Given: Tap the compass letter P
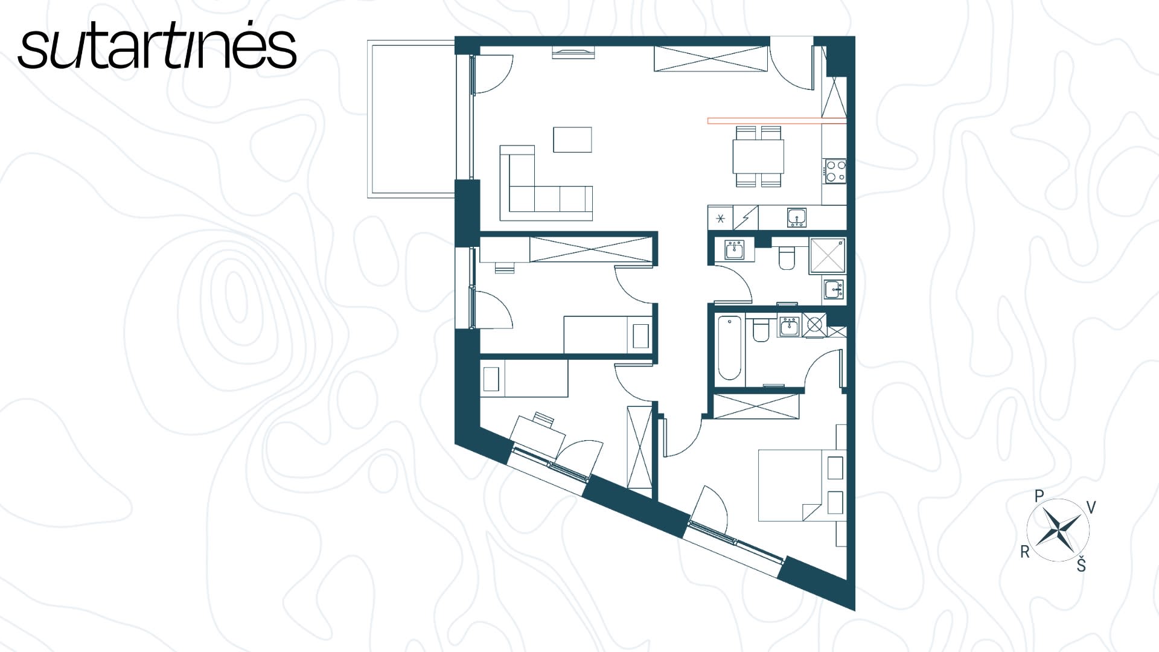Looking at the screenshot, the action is point(1039,496).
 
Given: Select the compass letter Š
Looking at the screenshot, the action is point(1081,564).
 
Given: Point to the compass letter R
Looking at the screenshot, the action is point(1024,551).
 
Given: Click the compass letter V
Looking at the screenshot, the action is point(1091,507).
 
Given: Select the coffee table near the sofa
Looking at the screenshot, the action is point(573,139).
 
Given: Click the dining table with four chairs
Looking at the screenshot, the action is point(758,156).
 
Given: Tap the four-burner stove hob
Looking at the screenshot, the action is point(835,170).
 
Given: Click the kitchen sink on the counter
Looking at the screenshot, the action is point(797,218).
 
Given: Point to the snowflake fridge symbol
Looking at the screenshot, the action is point(720,219).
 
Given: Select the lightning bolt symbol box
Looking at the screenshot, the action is point(746,219).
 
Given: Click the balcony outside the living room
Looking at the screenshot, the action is point(411,118).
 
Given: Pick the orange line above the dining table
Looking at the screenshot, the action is point(777,121).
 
